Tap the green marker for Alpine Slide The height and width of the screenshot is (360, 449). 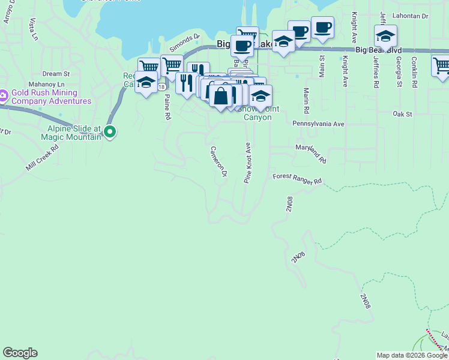(x=110, y=131)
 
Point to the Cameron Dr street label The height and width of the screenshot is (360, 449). (x=218, y=161)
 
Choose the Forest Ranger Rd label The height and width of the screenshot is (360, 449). (x=297, y=179)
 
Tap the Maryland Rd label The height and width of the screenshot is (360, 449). (x=310, y=154)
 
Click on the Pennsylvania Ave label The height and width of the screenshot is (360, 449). (x=318, y=124)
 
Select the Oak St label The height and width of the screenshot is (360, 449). (x=402, y=113)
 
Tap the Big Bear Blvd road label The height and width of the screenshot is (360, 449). (x=378, y=51)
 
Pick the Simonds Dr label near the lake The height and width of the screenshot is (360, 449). (x=184, y=42)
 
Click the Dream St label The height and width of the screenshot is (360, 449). (x=56, y=74)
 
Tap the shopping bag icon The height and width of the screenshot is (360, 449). (x=221, y=96)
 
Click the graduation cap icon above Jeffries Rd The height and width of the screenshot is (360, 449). (x=385, y=35)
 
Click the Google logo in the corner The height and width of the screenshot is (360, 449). (x=20, y=353)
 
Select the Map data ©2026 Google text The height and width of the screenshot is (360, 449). (x=412, y=355)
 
